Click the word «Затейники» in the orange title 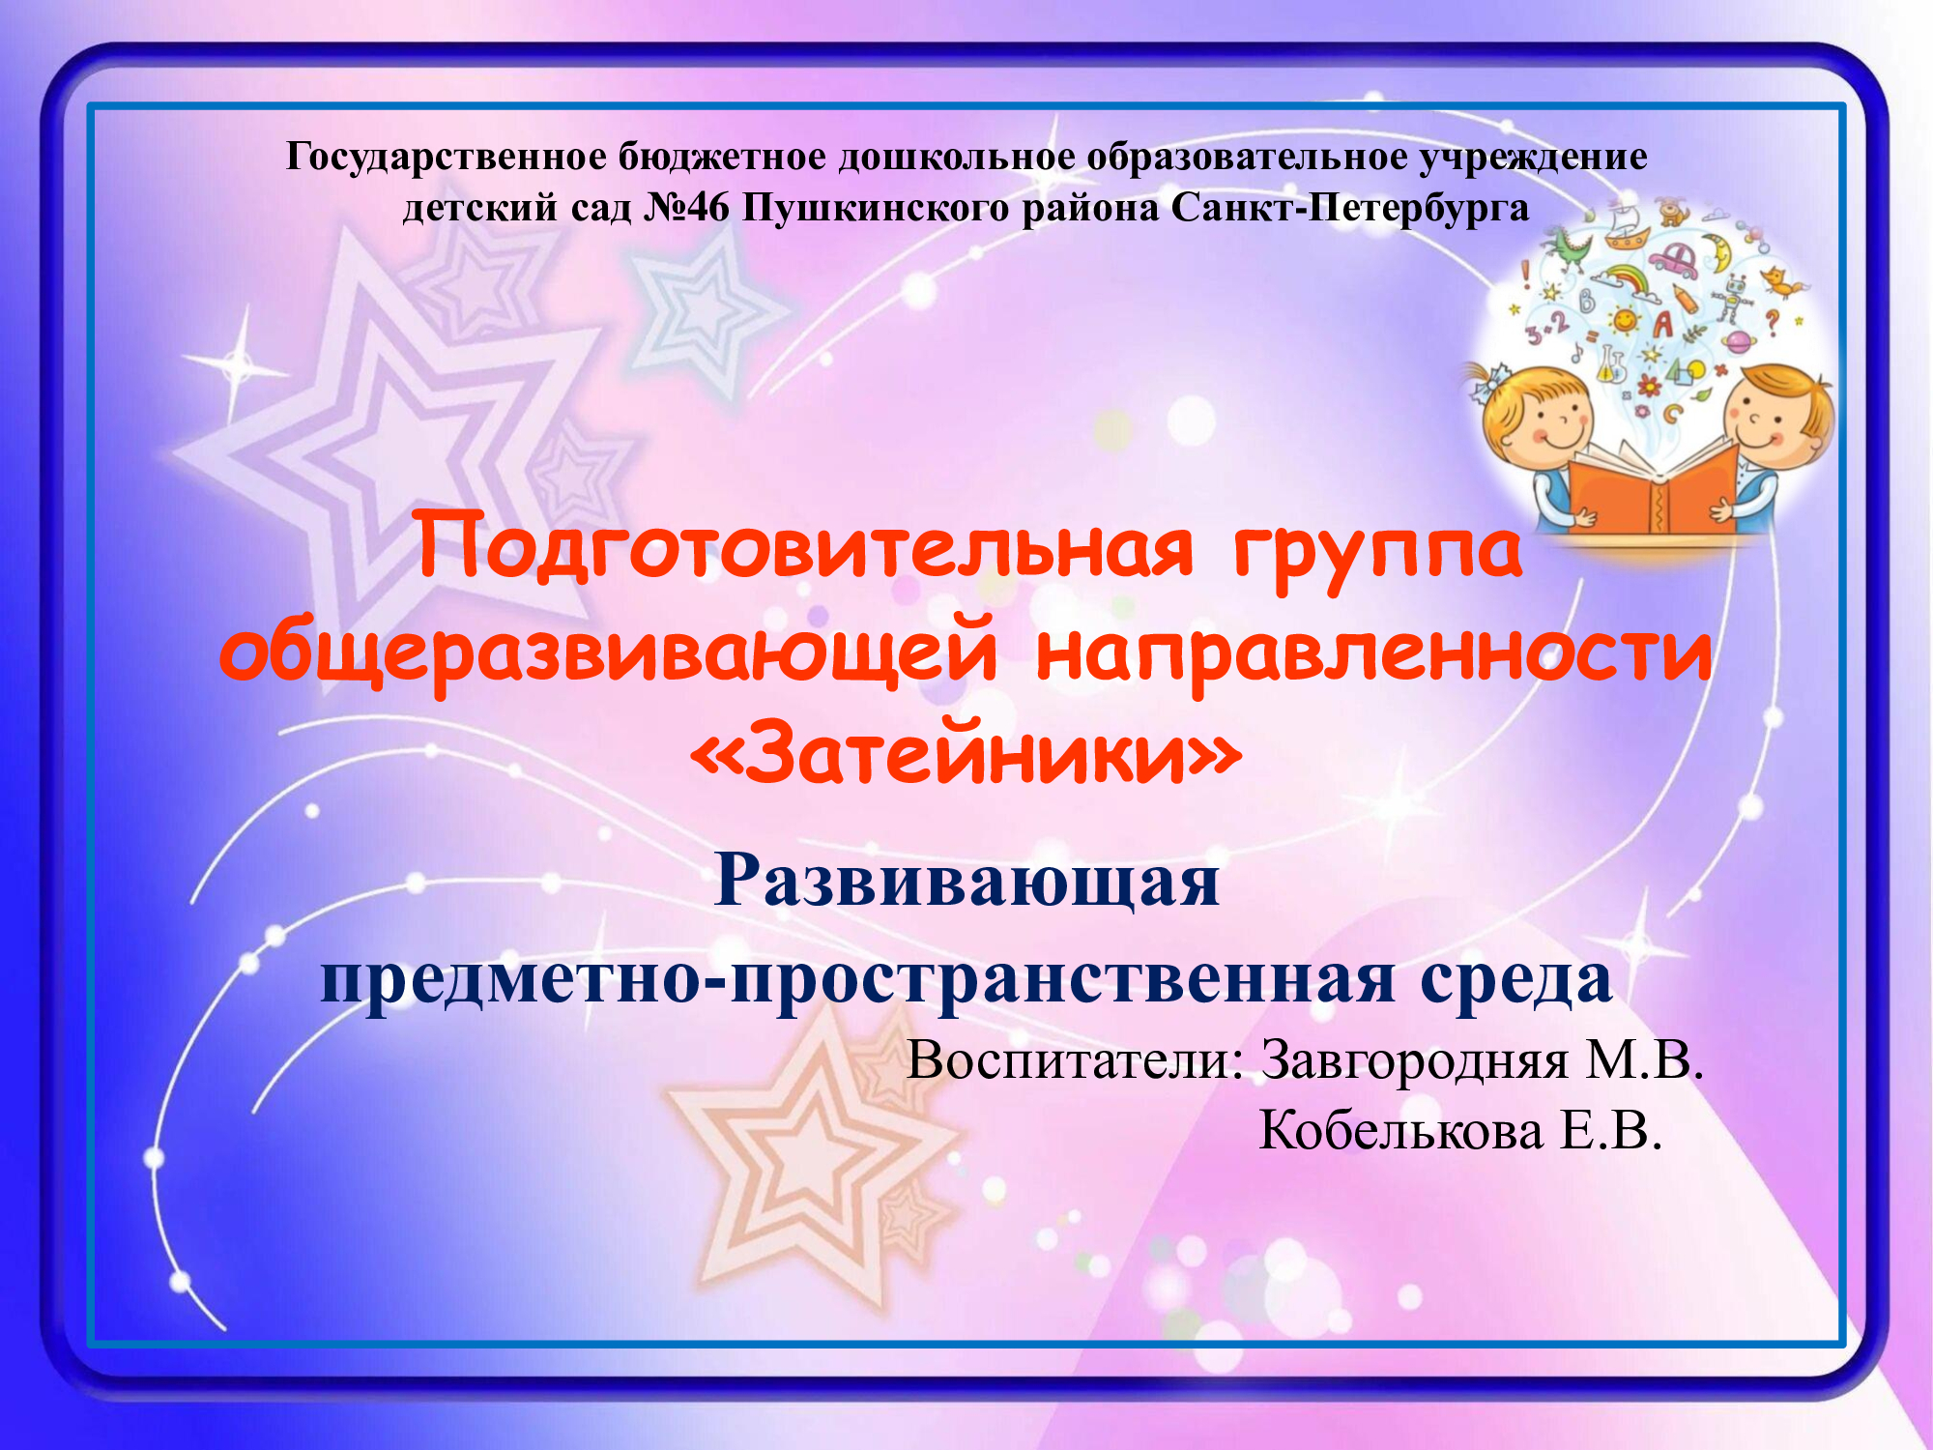click(965, 753)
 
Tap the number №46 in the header click(686, 208)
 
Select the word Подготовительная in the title click(805, 548)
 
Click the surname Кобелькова click(1400, 1130)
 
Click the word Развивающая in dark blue click(966, 883)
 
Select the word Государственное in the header click(446, 158)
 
